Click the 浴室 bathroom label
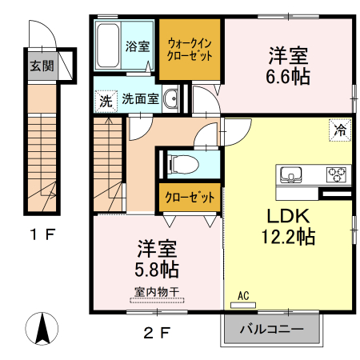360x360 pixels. [x=138, y=46]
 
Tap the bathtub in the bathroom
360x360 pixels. [x=107, y=46]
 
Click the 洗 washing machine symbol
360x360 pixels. [x=105, y=101]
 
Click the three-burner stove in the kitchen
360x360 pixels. [x=335, y=174]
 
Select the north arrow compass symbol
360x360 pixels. [x=43, y=329]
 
